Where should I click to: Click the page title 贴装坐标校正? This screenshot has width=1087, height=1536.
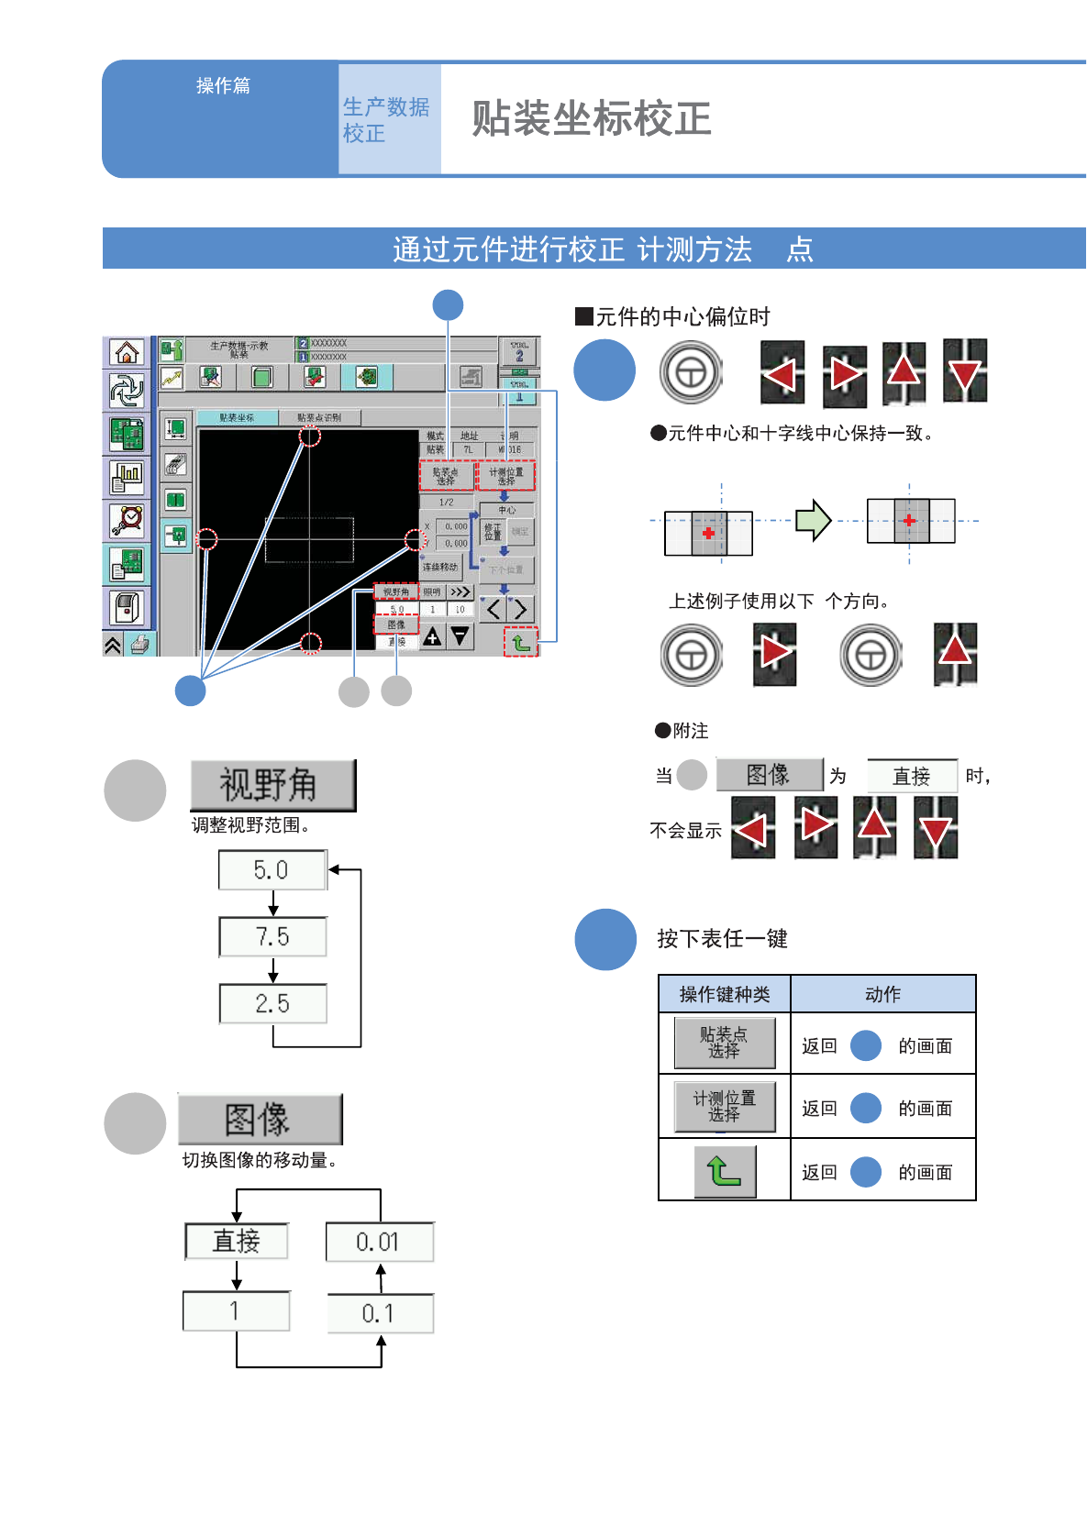point(591,119)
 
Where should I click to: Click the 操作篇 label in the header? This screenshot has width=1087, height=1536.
point(223,86)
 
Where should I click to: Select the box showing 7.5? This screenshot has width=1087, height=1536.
point(272,936)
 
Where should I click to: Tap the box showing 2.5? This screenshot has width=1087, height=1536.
point(272,1003)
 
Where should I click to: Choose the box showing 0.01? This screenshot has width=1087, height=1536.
point(379,1242)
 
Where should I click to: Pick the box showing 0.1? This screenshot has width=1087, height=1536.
point(379,1313)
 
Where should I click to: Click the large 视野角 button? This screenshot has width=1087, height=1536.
point(272,785)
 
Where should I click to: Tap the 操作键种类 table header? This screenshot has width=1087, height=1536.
point(724,994)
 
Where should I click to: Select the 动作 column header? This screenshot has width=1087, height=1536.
point(882,994)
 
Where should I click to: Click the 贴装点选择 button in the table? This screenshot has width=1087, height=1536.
point(724,1043)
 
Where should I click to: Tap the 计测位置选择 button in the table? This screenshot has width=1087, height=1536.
point(724,1107)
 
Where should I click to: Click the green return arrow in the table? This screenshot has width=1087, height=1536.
point(724,1171)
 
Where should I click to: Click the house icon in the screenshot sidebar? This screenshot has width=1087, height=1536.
point(127,352)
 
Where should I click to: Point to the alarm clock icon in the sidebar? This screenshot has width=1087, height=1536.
point(127,520)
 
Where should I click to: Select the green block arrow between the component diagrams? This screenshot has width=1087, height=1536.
point(813,521)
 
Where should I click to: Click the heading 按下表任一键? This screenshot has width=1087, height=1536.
point(722,939)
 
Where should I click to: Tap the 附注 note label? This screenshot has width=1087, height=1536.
point(690,731)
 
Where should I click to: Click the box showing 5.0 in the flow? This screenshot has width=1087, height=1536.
point(272,869)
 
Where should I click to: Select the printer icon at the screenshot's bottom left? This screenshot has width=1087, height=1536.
point(139,645)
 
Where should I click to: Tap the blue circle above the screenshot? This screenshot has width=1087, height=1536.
point(448,305)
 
